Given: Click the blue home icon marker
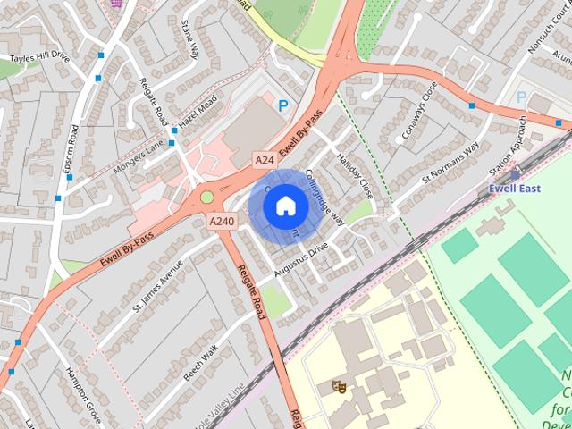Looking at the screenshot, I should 284,206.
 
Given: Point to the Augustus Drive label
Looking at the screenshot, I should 301,253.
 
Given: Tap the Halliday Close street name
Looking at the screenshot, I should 356,175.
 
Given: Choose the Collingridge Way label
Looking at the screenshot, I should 324,198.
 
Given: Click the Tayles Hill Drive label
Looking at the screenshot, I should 38,57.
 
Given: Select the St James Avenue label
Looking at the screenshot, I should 157,286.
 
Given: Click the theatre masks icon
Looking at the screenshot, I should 339,386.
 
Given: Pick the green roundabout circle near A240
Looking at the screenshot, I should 207,197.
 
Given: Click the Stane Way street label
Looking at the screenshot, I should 189,39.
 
